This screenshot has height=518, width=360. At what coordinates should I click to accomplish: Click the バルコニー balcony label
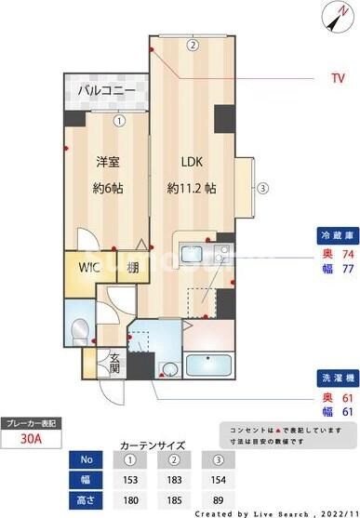point(106,91)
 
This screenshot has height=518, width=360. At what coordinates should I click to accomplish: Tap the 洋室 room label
point(108,161)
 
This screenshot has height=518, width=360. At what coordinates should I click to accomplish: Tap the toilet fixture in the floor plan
point(79,333)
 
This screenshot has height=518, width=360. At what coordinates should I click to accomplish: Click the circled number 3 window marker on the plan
point(263,187)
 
